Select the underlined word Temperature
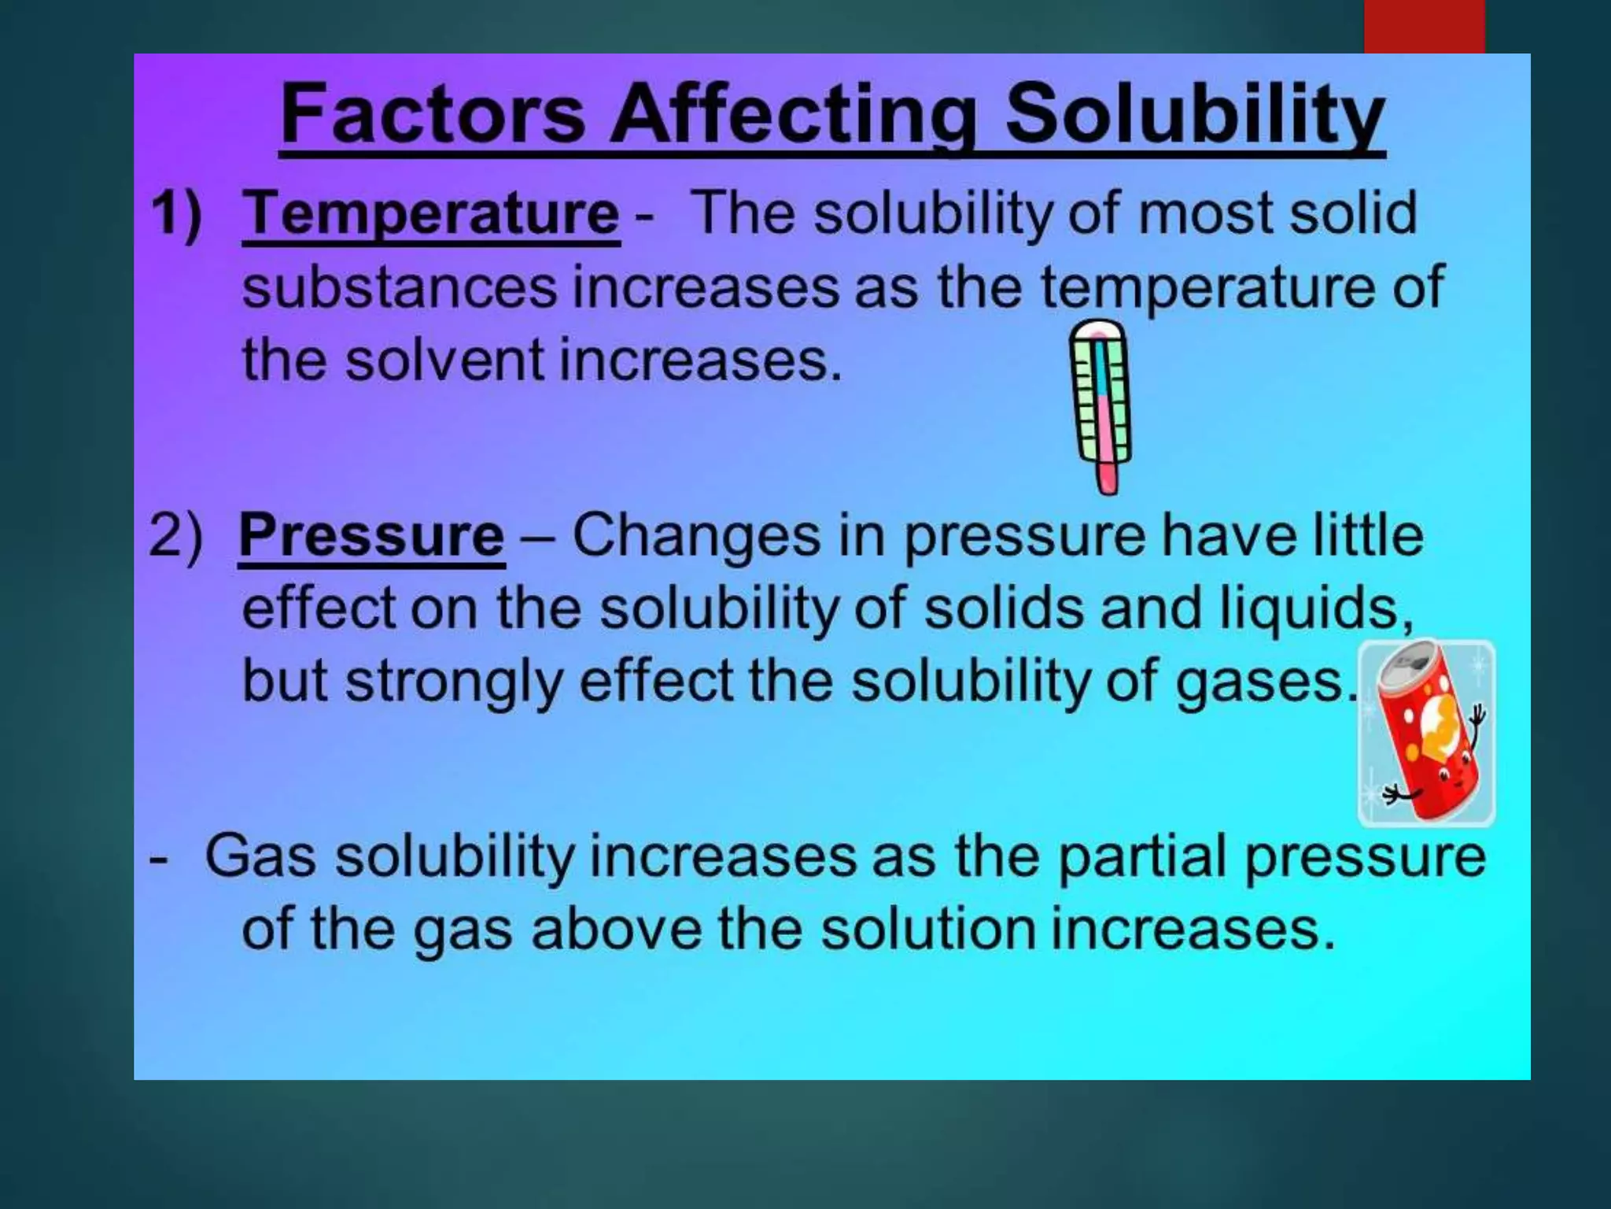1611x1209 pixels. [x=431, y=213]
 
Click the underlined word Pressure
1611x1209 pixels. [x=371, y=536]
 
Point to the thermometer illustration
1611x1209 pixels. [x=1101, y=405]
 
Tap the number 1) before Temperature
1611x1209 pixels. [x=176, y=213]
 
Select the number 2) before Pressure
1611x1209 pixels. [x=175, y=536]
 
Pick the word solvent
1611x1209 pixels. [x=444, y=360]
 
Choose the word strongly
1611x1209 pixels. [x=455, y=682]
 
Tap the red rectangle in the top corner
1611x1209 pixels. [x=1424, y=26]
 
